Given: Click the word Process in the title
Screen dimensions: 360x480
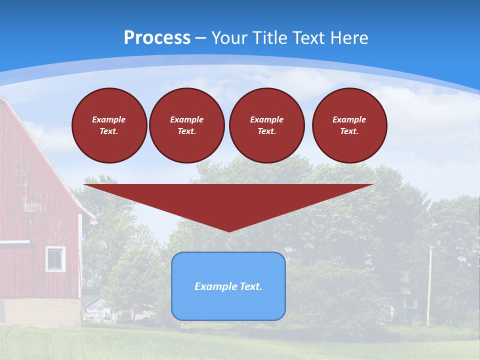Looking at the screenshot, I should (x=157, y=38).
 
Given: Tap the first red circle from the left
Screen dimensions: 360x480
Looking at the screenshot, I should (x=109, y=125).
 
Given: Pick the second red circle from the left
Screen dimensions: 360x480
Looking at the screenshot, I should (x=186, y=125).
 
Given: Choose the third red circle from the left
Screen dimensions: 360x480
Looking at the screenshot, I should (x=266, y=125).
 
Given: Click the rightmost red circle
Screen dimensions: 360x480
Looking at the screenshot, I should (x=349, y=125).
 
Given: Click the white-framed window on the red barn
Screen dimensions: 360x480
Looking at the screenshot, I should (x=55, y=259).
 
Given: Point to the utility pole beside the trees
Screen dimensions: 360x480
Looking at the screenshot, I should (x=429, y=285).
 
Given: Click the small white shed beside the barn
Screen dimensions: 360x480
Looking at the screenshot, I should (x=96, y=309).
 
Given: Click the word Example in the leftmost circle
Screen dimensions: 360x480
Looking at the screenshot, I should (x=108, y=119).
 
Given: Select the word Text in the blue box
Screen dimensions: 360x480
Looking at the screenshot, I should (x=249, y=286).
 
